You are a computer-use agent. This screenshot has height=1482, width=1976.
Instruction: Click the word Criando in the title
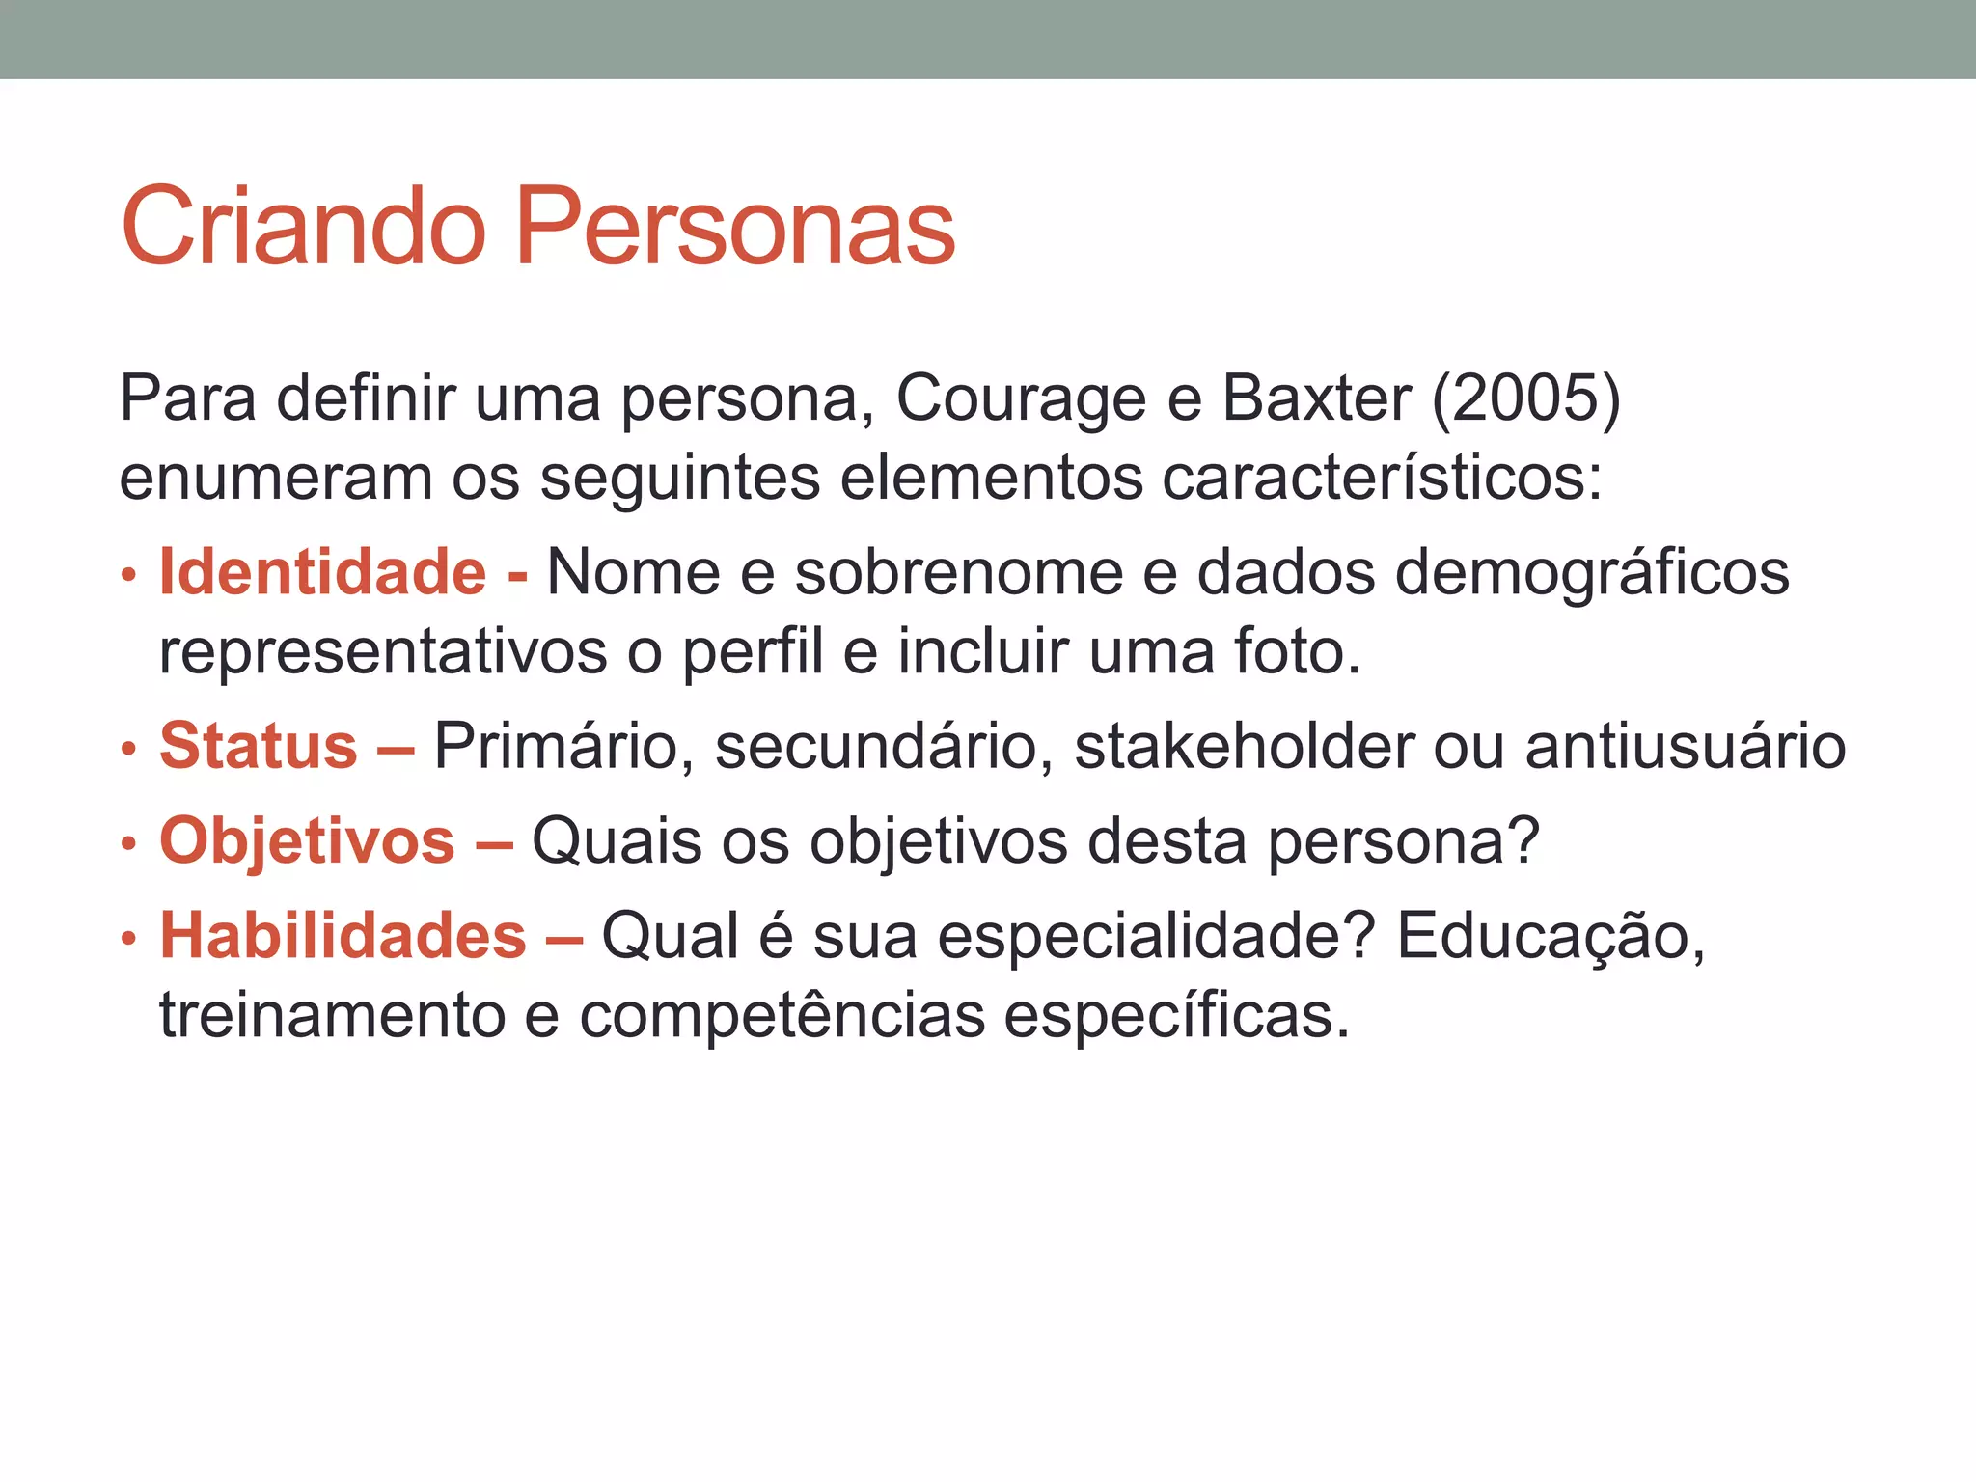coord(303,228)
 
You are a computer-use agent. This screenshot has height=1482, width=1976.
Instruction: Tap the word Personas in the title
coord(735,228)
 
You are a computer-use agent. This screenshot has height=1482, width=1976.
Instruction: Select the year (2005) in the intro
coord(1525,398)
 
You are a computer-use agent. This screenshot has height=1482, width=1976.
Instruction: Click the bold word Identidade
coord(323,572)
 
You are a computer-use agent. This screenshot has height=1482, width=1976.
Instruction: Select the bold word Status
coord(259,746)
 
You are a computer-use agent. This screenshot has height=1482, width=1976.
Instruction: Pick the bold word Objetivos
coord(307,842)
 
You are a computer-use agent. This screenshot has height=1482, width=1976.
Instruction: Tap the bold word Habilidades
coord(343,936)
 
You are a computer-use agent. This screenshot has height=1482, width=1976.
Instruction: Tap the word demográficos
coord(1592,574)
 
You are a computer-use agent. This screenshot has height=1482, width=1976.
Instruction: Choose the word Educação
coord(1550,938)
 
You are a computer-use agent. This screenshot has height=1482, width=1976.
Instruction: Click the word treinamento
coord(332,1016)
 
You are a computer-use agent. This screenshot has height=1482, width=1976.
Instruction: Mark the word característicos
coord(1382,478)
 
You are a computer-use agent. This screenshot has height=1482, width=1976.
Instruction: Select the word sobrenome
coord(959,572)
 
